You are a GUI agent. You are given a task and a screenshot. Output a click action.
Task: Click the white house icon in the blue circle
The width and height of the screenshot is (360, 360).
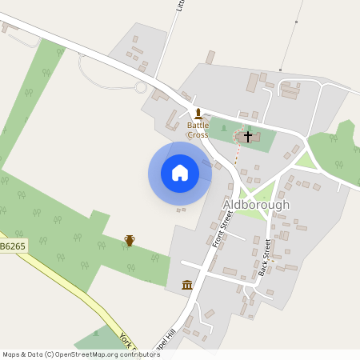click(180, 173)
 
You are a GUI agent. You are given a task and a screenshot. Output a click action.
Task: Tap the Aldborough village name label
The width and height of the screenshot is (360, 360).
click(256, 205)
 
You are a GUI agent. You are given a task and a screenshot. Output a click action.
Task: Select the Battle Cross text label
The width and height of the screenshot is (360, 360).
click(198, 130)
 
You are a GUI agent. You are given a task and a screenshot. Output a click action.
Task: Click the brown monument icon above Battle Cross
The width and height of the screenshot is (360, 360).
click(198, 113)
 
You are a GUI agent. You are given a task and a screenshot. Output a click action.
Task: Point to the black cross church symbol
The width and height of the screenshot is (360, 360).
click(248, 137)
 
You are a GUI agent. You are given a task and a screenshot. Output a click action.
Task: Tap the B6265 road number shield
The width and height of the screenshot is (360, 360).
click(14, 246)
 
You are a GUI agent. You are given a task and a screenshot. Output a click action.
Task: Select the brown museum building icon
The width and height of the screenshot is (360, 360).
click(187, 285)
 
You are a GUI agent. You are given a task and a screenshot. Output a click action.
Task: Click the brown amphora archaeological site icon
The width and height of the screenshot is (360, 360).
click(129, 240)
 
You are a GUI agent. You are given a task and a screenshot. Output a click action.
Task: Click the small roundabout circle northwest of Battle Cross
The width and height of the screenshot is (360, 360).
click(142, 86)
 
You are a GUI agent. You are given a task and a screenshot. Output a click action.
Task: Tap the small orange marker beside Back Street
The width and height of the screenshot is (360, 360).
click(272, 259)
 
